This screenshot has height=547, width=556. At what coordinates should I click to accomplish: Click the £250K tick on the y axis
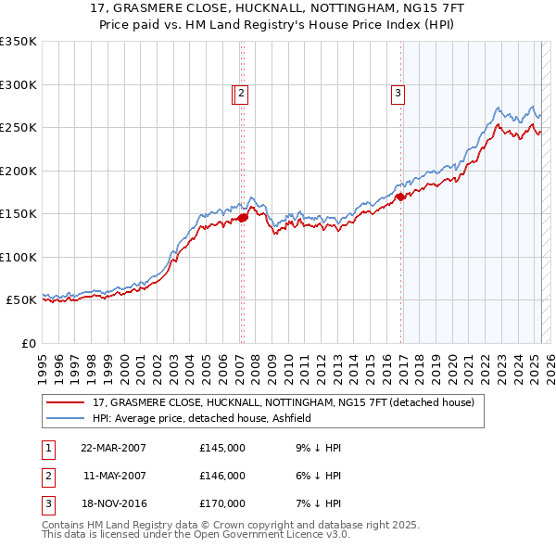[x=18, y=128]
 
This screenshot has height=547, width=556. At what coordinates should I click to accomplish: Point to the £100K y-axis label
[x=18, y=257]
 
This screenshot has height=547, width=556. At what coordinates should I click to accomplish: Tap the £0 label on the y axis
[x=28, y=343]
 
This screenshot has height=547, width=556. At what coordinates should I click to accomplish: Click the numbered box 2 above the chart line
[x=240, y=93]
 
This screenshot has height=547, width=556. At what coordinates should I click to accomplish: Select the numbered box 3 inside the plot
[x=398, y=93]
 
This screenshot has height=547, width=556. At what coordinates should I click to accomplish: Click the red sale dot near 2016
[x=400, y=197]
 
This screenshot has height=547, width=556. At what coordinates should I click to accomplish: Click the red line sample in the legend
[x=65, y=403]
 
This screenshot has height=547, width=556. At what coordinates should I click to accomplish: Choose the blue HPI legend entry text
[x=201, y=419]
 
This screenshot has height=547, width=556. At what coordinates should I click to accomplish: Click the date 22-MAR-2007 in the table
[x=113, y=448]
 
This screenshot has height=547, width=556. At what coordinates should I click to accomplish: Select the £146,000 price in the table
[x=222, y=476]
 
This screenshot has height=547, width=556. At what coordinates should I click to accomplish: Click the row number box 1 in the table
[x=47, y=448]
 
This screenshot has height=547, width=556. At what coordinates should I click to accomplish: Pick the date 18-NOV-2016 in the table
[x=113, y=503]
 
